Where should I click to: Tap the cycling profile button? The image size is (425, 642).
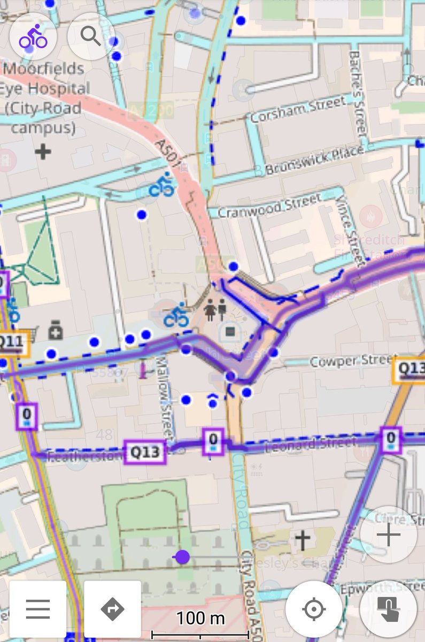(33, 36)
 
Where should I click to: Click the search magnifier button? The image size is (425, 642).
(91, 36)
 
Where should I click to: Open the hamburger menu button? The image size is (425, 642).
(38, 609)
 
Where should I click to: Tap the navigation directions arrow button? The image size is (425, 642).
(112, 609)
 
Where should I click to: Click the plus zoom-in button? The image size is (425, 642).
(389, 534)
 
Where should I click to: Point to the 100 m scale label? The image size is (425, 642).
(200, 618)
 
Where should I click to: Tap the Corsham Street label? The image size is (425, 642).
(298, 110)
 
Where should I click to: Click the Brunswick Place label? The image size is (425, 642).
(315, 160)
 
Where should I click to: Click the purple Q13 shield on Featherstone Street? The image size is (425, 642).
(145, 452)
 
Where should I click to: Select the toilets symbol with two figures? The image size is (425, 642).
(215, 310)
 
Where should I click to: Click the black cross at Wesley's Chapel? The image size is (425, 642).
(303, 540)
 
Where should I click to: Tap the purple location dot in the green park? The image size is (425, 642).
(183, 557)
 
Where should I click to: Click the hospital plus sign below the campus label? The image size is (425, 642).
(43, 152)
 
